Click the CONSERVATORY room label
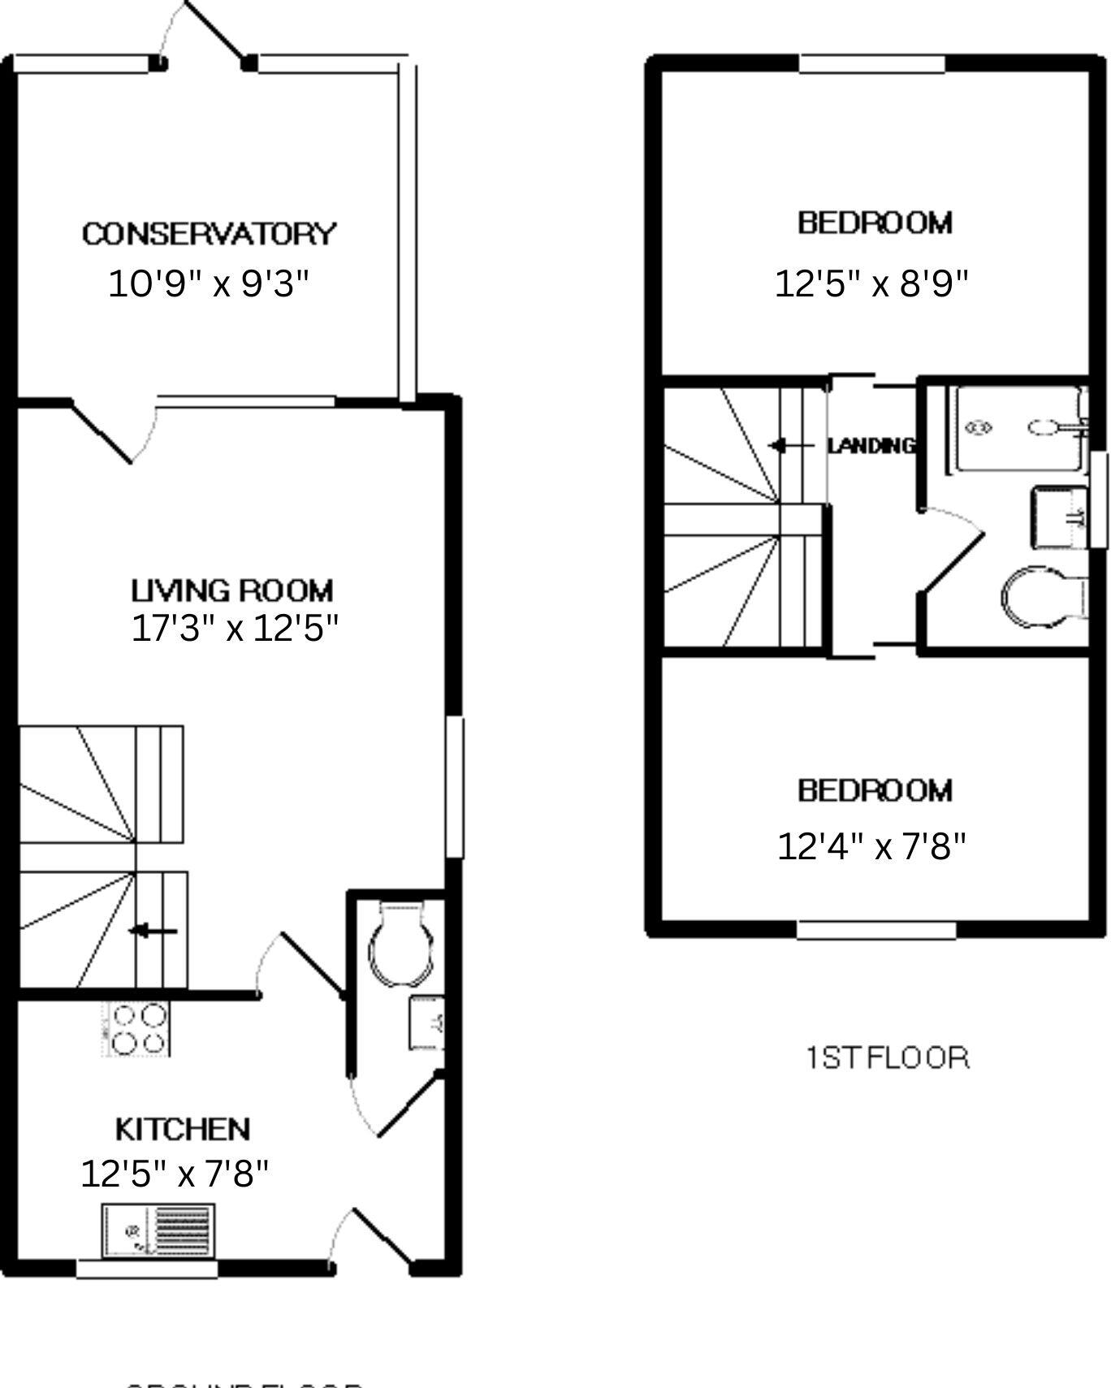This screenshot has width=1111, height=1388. tap(209, 234)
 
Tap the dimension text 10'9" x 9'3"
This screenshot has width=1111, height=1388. tap(209, 284)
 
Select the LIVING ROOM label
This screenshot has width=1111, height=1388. tap(232, 590)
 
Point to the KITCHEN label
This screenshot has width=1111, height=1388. tap(183, 1129)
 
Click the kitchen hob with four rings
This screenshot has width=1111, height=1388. tap(137, 1029)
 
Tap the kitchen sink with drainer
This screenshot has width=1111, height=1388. tap(158, 1230)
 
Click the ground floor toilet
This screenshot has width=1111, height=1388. tap(400, 945)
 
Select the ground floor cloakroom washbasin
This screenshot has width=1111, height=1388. tap(426, 1023)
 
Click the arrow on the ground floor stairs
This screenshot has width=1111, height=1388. tap(154, 932)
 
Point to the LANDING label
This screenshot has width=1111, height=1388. tap(871, 445)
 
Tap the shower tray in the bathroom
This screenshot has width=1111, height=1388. tap(1020, 428)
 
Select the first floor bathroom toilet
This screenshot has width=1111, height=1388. tap(1042, 598)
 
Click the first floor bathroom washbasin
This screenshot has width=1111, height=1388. tap(1060, 517)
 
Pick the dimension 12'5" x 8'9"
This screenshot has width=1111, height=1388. tap(871, 284)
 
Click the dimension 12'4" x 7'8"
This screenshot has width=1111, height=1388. tap(871, 847)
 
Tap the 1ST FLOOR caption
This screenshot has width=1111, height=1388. tap(888, 1058)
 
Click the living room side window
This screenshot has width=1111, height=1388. tap(456, 786)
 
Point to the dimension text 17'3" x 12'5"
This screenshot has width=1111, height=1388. tap(234, 629)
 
